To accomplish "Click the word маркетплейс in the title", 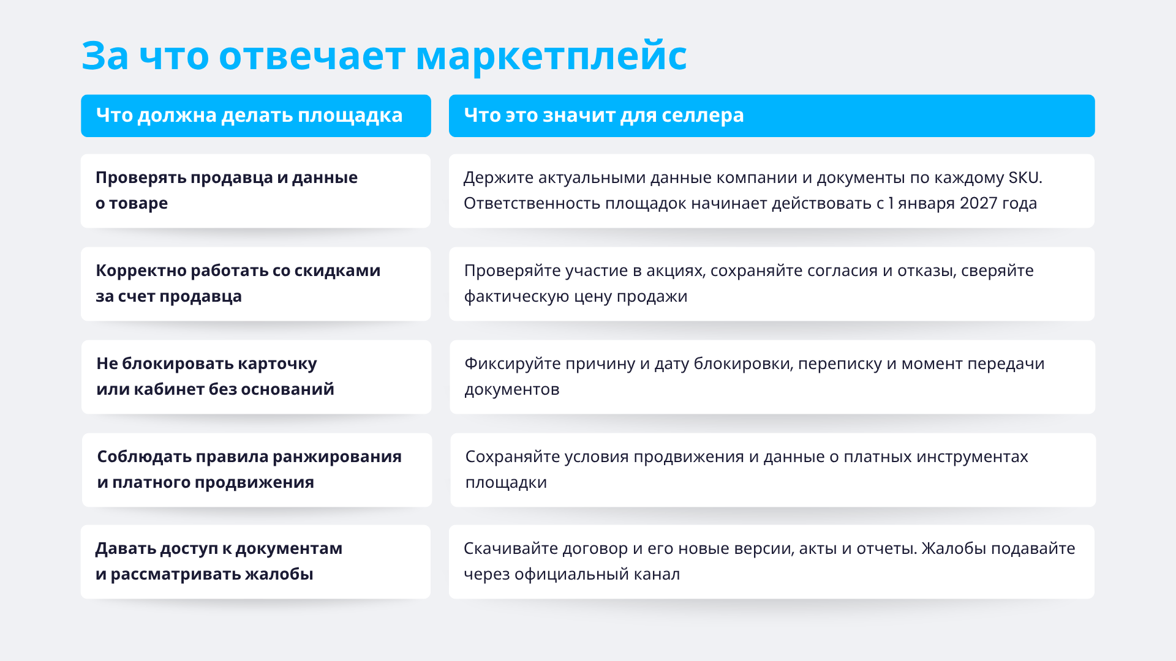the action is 551,56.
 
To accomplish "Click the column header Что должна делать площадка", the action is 249,116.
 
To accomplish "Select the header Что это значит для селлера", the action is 604,116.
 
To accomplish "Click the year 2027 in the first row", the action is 978,203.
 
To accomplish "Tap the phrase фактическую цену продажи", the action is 576,297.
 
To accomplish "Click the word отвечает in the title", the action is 312,56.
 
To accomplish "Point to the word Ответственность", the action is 532,203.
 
